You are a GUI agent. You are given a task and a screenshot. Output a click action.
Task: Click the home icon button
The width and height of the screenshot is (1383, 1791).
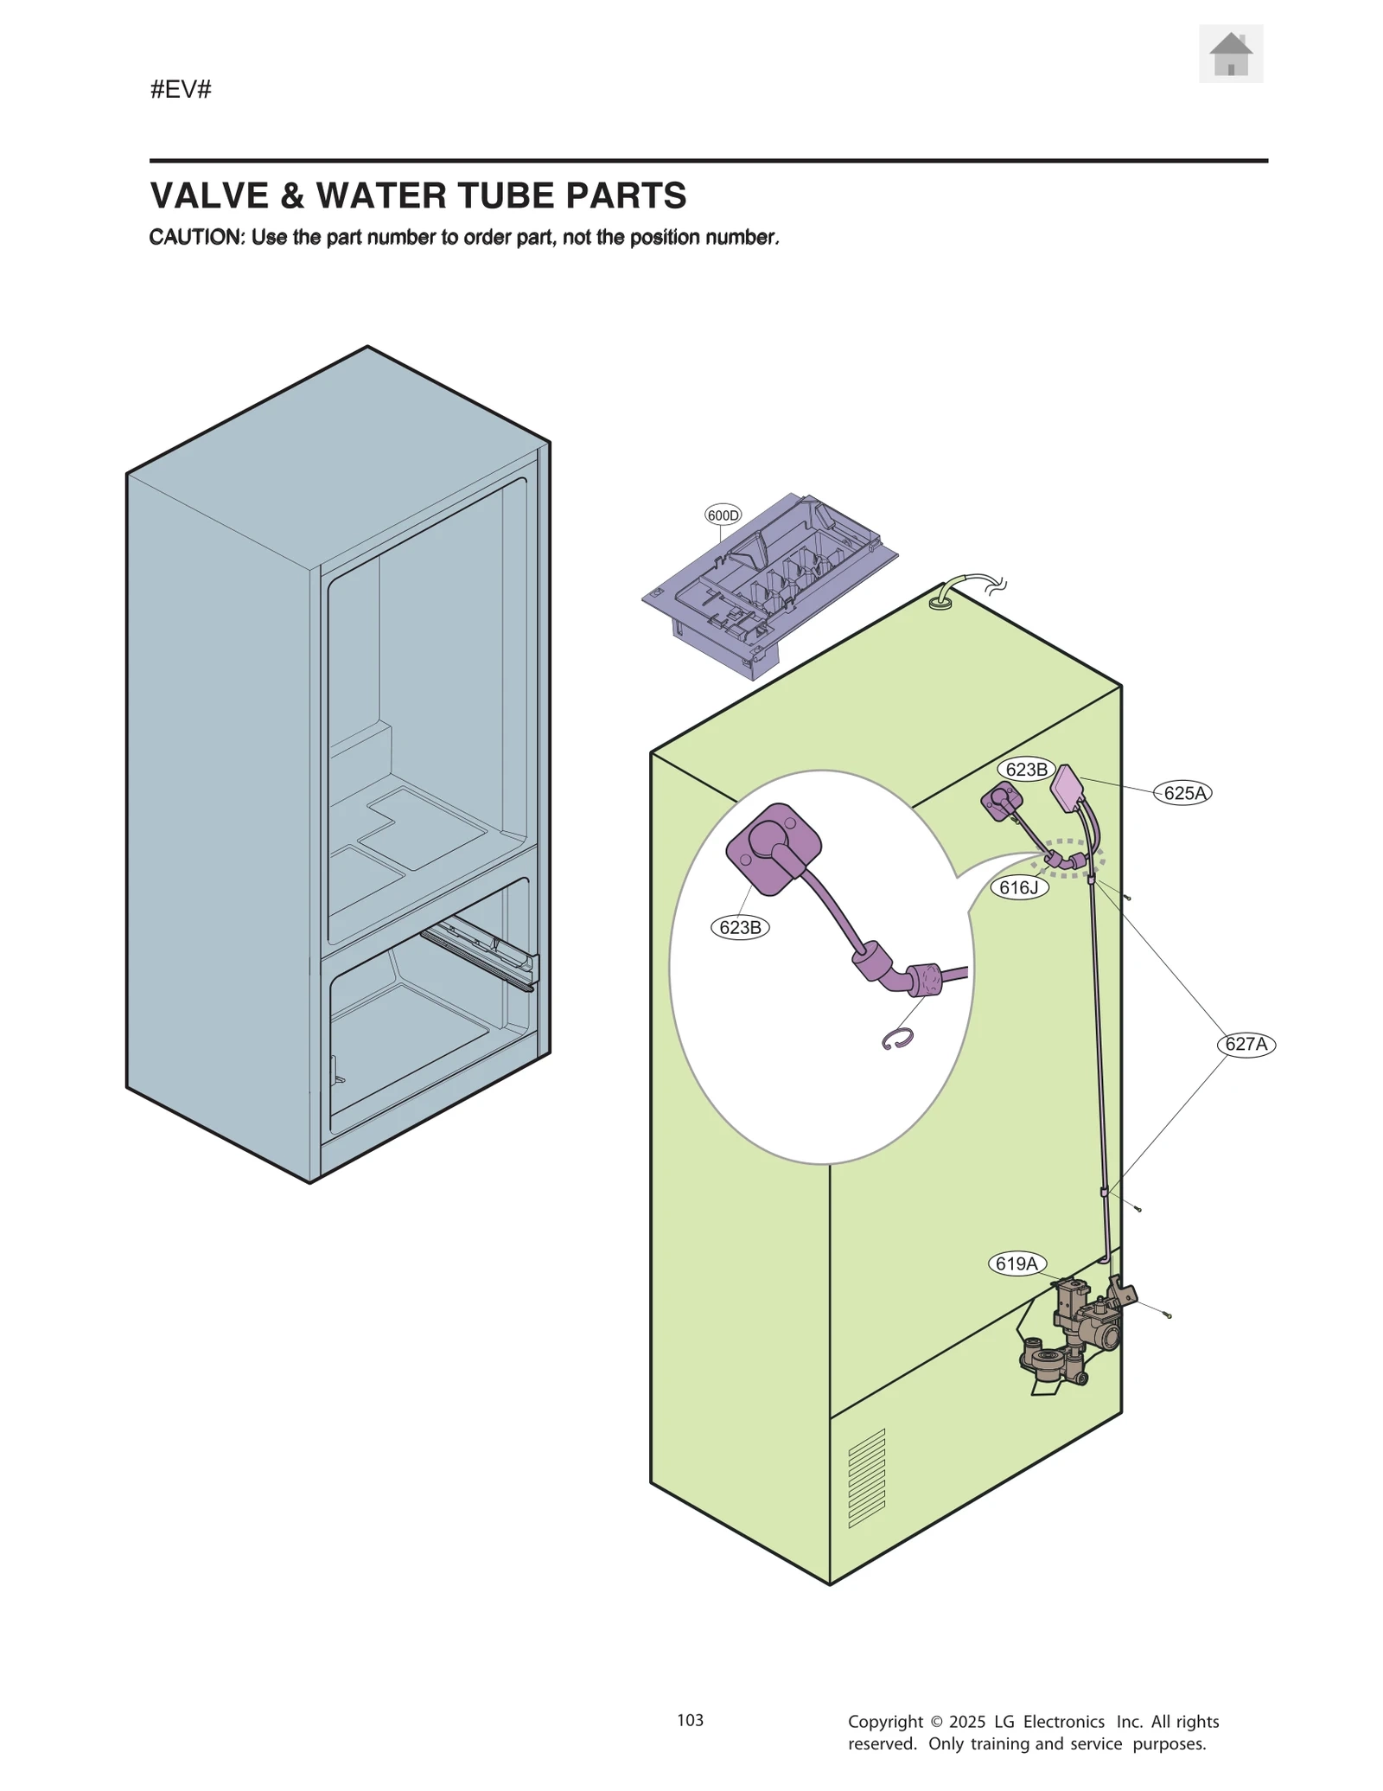(1230, 54)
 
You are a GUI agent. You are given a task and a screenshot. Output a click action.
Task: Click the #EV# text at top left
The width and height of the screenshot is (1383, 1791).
(181, 89)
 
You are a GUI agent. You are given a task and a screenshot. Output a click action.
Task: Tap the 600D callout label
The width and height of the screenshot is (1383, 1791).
(723, 515)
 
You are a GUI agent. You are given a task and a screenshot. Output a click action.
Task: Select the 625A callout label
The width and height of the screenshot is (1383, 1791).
(1183, 793)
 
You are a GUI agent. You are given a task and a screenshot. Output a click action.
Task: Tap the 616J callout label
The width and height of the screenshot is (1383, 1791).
(1018, 887)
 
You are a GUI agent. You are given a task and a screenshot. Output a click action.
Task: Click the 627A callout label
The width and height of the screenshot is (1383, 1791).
(1246, 1044)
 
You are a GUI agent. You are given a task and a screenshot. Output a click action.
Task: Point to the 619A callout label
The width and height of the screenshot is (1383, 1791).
(1017, 1263)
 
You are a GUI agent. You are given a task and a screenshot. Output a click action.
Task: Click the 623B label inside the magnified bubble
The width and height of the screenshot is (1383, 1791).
(740, 927)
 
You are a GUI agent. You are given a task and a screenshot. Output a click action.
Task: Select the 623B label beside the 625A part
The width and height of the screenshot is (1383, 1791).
(1026, 769)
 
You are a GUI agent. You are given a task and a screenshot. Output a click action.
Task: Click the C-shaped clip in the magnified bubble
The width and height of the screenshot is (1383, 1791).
(898, 1039)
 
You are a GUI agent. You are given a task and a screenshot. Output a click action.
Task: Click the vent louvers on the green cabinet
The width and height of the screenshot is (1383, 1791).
(867, 1478)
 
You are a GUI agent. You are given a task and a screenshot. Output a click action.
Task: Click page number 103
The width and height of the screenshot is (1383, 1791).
(690, 1720)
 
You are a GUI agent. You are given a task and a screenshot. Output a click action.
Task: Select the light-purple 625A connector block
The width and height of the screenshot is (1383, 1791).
(1068, 789)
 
